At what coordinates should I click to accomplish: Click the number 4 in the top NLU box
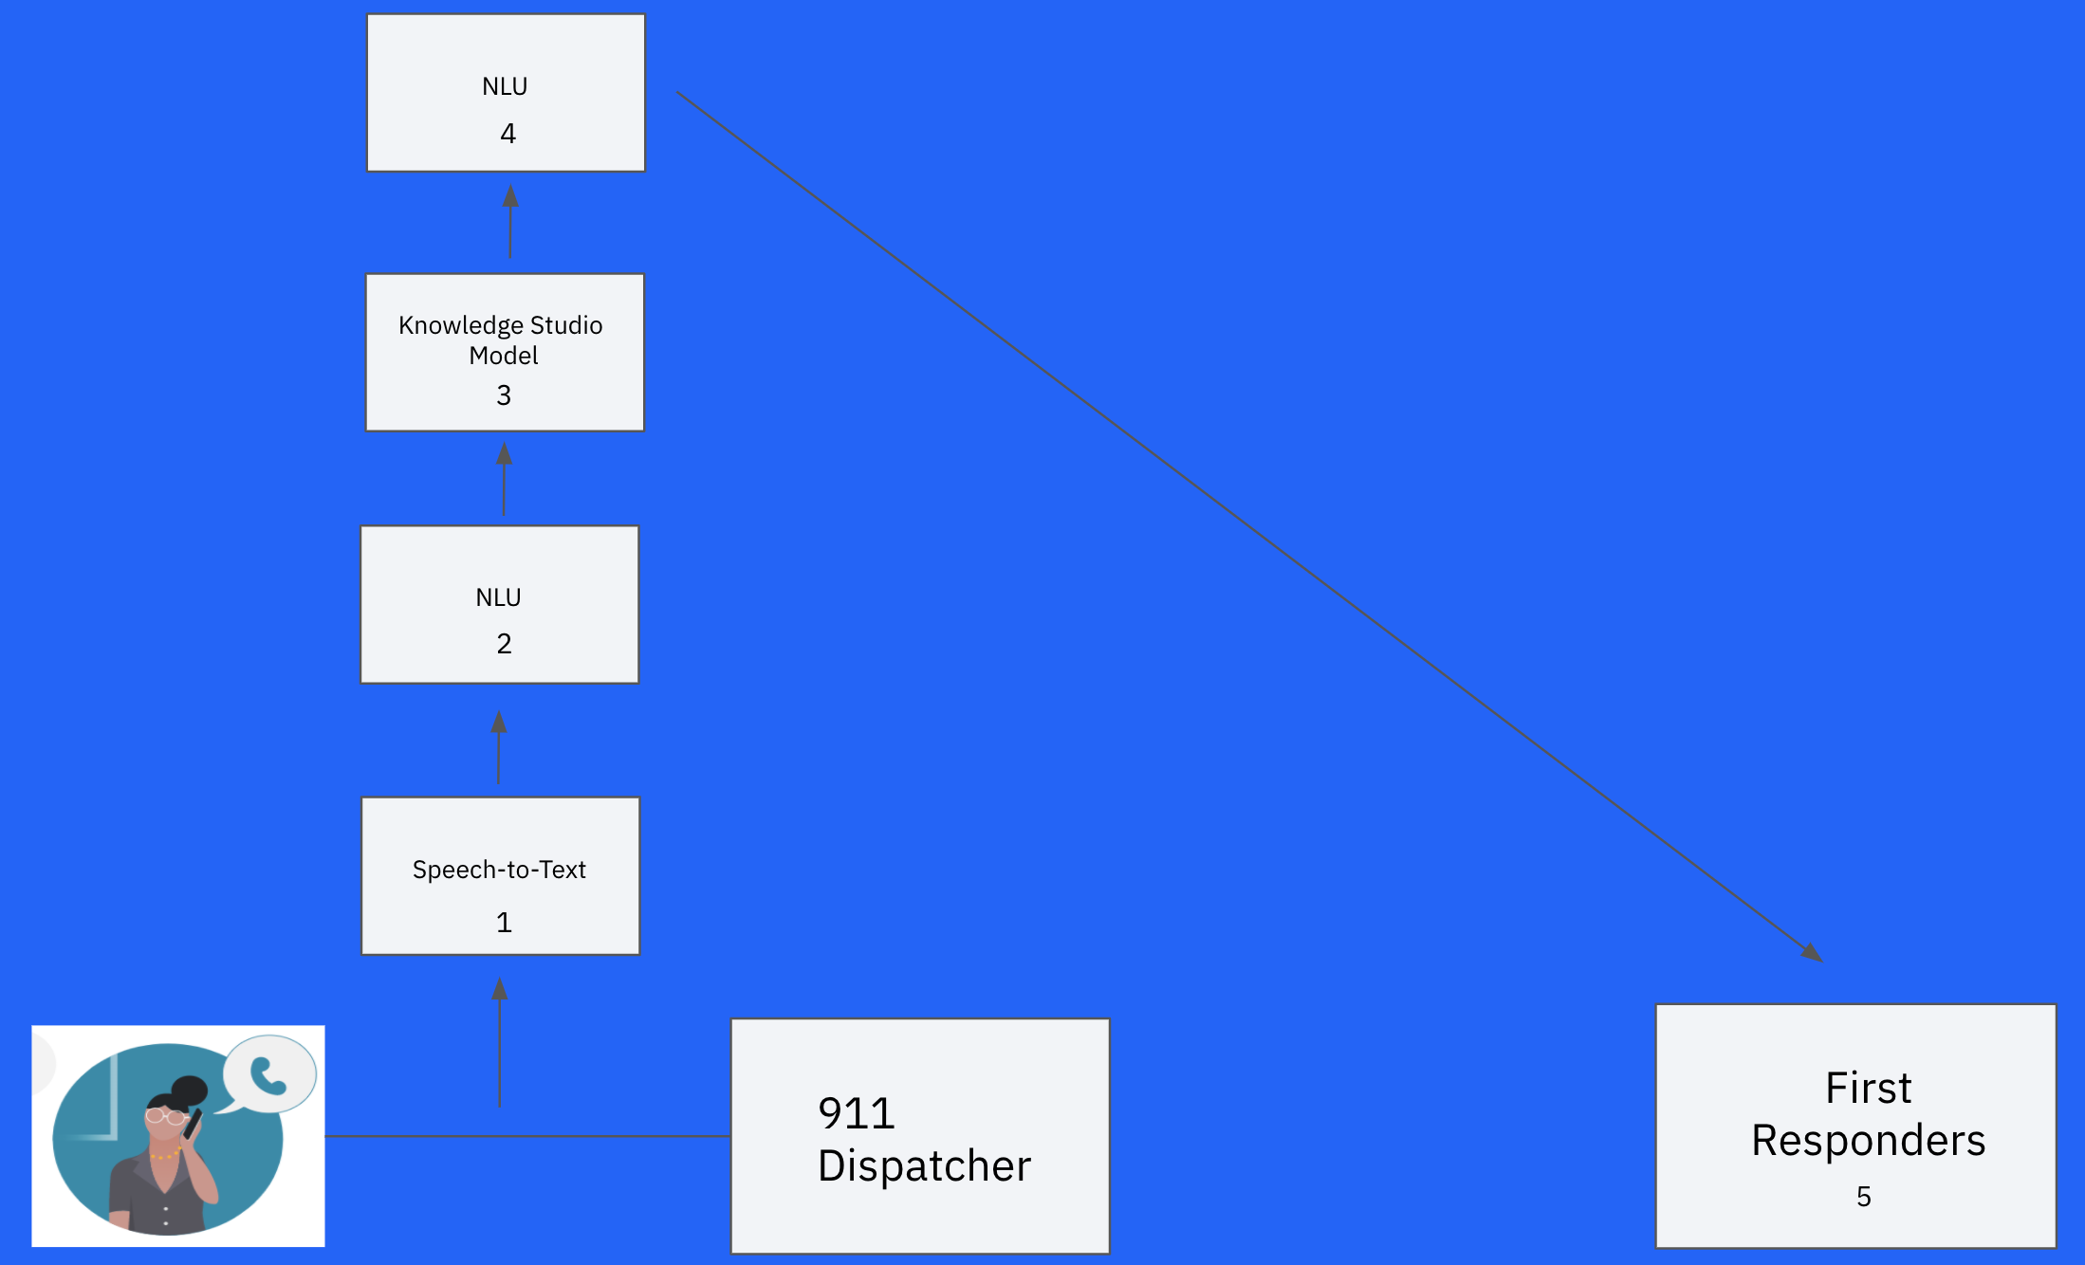coord(507,134)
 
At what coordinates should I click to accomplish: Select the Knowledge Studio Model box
coord(505,352)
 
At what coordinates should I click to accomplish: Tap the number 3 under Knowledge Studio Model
coord(504,395)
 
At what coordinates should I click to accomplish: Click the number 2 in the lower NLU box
coord(504,644)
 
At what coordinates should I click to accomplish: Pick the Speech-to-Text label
coord(499,870)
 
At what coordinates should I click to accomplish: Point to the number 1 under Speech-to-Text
coord(504,923)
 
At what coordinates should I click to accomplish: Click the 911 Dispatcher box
coord(919,1135)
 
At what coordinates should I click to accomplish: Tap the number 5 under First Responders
coord(1863,1197)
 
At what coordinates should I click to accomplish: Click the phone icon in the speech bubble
coord(268,1075)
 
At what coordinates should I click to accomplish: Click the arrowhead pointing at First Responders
coord(1812,953)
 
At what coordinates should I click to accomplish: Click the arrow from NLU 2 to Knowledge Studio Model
coord(504,479)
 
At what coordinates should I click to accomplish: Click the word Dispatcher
coord(924,1165)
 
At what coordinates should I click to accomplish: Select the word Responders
coord(1868,1140)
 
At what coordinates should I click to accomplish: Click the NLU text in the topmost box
coord(505,86)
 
